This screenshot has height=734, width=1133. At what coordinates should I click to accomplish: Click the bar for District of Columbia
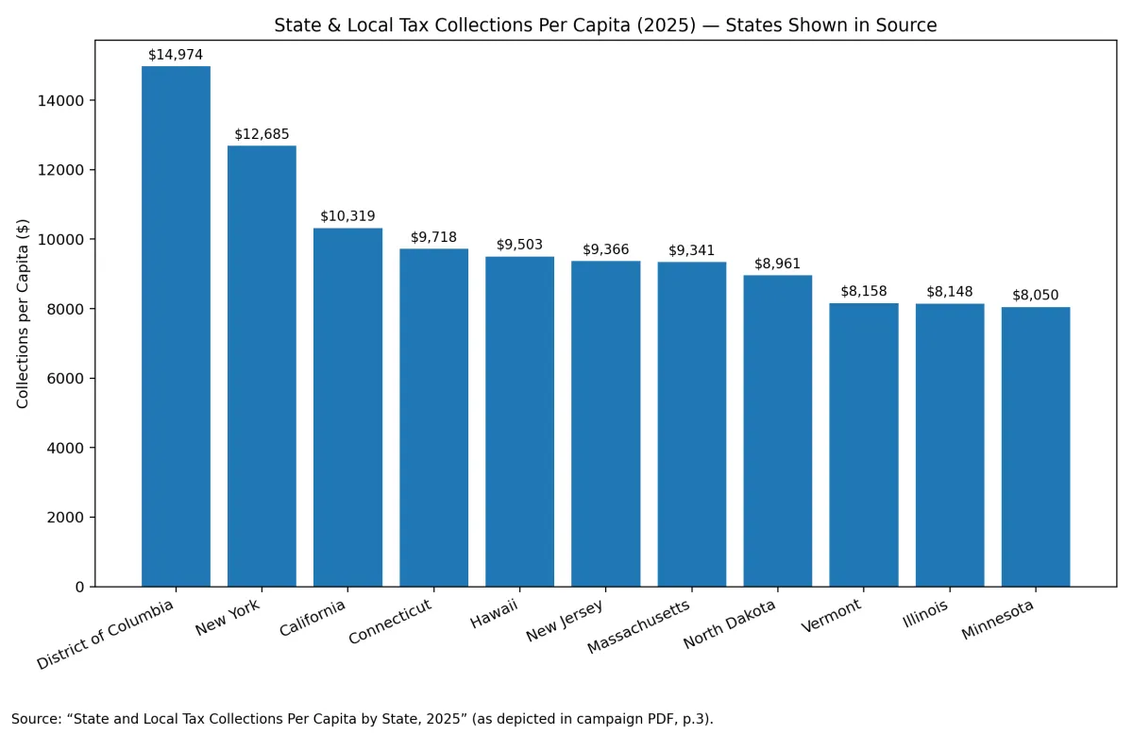tap(176, 326)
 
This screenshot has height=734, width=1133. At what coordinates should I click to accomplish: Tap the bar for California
tap(347, 407)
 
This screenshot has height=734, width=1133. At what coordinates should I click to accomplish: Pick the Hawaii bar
tap(519, 421)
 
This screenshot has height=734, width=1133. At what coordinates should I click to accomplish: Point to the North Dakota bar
tap(777, 431)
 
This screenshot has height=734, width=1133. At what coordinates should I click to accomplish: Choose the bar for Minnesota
tap(1036, 447)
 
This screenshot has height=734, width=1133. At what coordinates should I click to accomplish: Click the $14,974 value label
tap(176, 55)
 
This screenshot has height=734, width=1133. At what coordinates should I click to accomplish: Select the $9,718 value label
tap(433, 237)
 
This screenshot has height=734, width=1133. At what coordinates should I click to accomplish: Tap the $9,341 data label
tap(692, 250)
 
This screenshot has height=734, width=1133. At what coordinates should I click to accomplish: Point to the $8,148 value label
tap(950, 292)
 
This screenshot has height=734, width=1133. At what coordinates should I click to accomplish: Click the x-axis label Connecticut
tap(391, 621)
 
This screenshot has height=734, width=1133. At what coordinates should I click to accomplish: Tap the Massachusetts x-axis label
tap(639, 626)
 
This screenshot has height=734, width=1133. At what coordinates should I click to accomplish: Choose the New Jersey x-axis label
tap(566, 615)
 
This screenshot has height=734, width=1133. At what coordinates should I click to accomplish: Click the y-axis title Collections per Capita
tap(24, 314)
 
